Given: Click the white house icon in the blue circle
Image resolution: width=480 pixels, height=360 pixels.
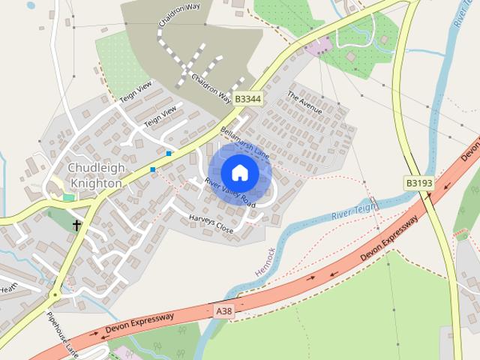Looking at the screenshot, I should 239,172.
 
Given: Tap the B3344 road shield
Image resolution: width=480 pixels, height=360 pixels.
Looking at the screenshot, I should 247,98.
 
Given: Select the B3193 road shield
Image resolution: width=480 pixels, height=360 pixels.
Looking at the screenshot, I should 419,183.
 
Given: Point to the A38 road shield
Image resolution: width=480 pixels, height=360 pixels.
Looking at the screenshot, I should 224,310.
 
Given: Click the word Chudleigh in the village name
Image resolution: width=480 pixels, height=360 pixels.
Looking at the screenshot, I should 94,167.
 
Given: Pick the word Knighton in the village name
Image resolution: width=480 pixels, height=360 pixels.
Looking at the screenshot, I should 94,182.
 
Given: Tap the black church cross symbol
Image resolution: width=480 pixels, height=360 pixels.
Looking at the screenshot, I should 76,224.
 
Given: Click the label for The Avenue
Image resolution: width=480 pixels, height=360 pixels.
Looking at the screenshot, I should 304,102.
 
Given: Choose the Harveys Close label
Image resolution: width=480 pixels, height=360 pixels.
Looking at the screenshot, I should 211,223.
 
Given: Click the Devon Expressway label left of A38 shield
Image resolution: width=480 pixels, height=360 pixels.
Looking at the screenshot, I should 139,323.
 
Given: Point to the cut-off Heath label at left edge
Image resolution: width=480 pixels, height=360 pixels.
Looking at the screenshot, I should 8,286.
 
